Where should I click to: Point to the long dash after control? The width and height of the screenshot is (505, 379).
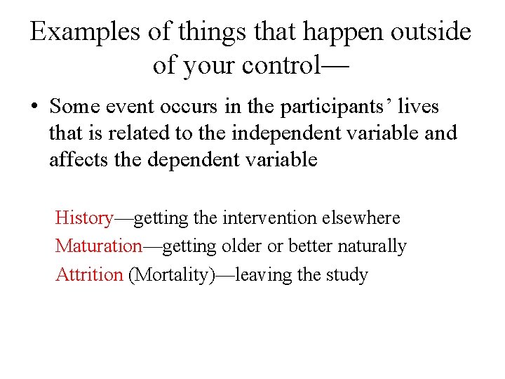click(336, 67)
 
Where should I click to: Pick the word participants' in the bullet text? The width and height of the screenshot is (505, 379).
click(335, 107)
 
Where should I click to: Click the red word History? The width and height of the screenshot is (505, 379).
click(83, 218)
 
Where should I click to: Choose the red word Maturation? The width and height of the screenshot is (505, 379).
click(98, 246)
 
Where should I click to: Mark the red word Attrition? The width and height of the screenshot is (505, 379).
click(89, 274)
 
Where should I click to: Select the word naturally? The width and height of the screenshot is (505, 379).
click(372, 246)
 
